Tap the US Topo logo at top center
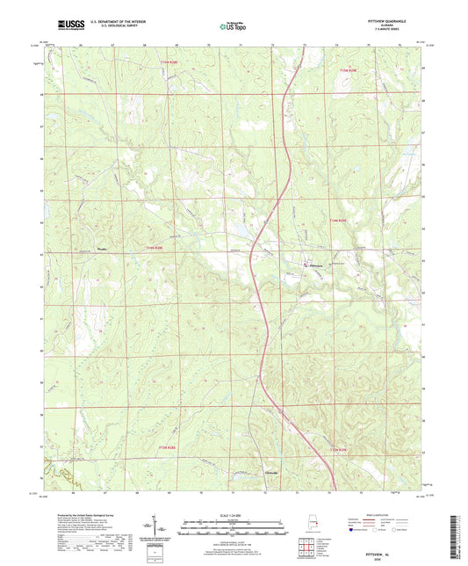[230, 26]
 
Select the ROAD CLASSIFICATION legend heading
[378, 512]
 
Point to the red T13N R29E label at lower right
[339, 451]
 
